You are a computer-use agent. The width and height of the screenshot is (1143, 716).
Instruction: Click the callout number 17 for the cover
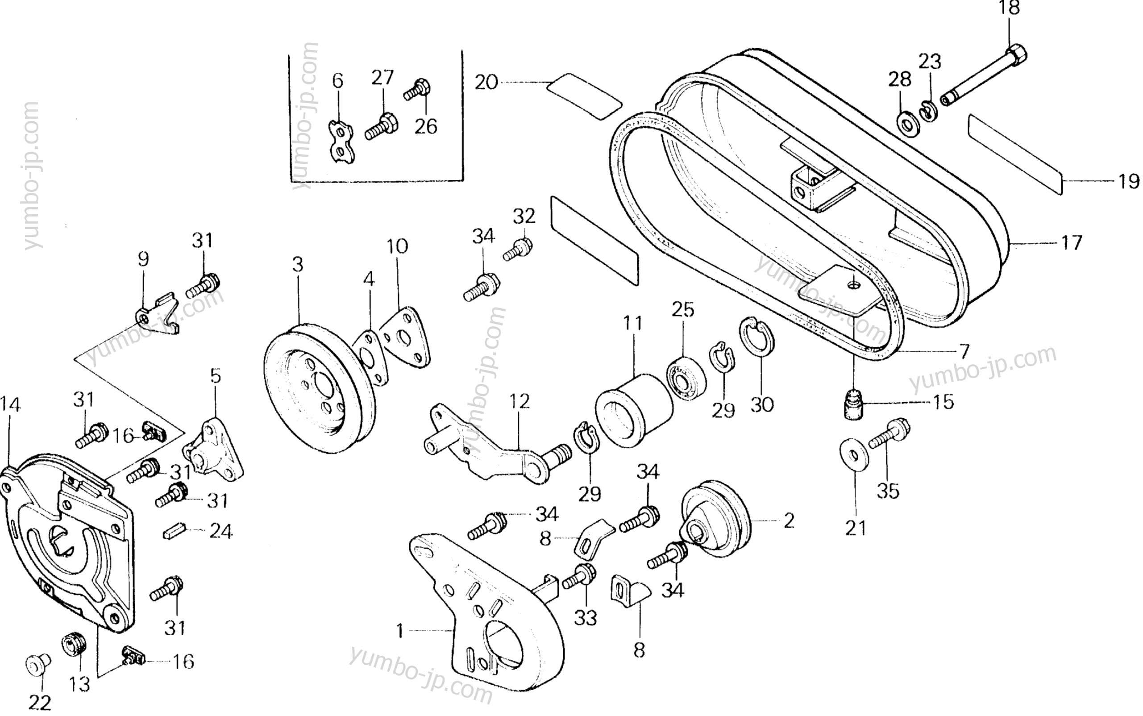pos(1072,243)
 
